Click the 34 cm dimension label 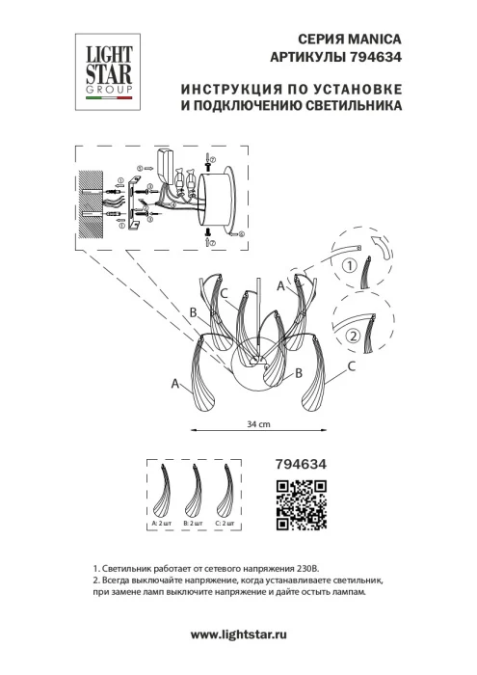tap(257, 423)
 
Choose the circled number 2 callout tap(353, 337)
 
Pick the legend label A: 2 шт tap(162, 522)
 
